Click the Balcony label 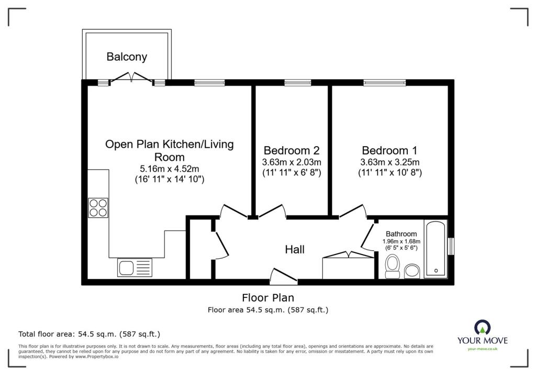[127, 57]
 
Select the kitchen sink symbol [127, 268]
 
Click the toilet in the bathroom [392, 266]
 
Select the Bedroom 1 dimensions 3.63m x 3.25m [390, 161]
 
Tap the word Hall [295, 250]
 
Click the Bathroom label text [401, 234]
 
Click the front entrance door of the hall [283, 277]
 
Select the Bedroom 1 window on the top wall [385, 82]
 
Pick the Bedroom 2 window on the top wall [297, 82]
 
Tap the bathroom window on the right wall [451, 246]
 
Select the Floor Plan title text [267, 298]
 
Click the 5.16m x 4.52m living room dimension [169, 168]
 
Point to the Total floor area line [89, 334]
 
